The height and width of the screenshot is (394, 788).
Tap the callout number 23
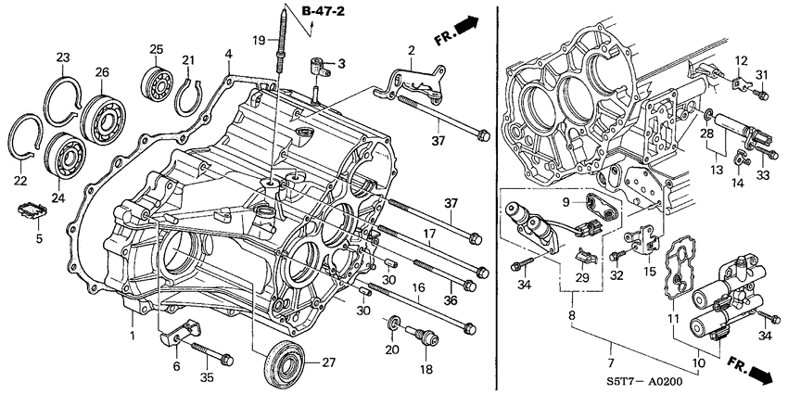click(62, 57)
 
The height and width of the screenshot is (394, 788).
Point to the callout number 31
click(761, 75)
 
